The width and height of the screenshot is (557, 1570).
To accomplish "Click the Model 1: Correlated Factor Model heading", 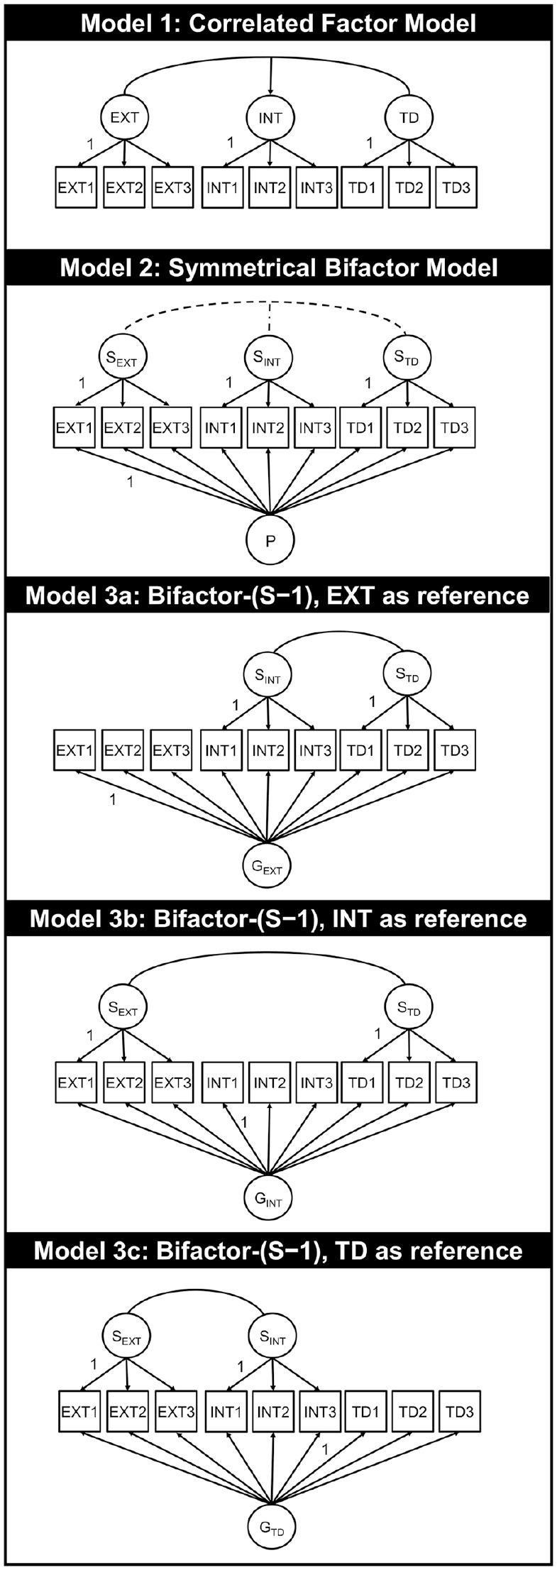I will click(278, 23).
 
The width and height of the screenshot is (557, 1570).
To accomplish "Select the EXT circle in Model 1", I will click(124, 118).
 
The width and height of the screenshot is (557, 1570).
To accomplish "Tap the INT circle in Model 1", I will click(270, 118).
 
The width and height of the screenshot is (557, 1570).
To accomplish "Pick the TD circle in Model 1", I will click(409, 118).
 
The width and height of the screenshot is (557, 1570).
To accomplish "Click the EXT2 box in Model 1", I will click(124, 187).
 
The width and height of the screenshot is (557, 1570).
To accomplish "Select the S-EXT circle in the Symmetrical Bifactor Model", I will click(121, 358).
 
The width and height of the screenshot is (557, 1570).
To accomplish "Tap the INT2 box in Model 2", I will click(268, 428).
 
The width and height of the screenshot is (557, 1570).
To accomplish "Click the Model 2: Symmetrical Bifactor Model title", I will click(278, 268).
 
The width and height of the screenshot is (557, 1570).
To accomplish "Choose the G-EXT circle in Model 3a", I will click(268, 867).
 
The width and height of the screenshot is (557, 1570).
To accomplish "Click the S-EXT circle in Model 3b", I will click(123, 1008).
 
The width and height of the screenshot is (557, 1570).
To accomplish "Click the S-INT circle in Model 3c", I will click(272, 1337).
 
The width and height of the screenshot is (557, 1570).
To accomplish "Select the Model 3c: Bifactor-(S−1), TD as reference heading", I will click(278, 1250).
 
